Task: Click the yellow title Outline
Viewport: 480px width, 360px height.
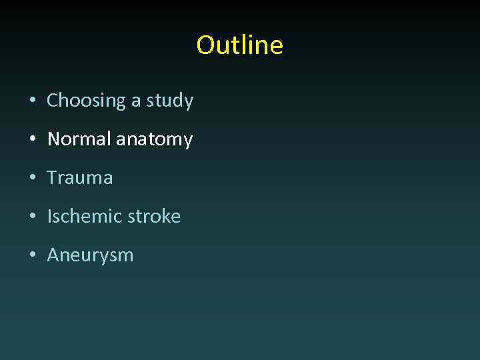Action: (x=239, y=45)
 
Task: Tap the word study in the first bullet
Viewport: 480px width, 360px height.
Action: (x=170, y=101)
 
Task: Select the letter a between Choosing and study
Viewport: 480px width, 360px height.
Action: (x=135, y=101)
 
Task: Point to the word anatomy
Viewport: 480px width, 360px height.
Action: (x=155, y=140)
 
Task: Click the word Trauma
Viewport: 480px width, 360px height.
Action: (x=80, y=178)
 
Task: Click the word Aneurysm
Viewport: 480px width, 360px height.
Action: (x=90, y=255)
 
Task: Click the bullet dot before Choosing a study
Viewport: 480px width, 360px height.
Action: (x=32, y=101)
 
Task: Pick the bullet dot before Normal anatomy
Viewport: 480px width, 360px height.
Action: (x=32, y=140)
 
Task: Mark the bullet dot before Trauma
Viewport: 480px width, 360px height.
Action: (x=32, y=178)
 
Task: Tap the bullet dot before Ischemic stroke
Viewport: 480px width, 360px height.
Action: (x=32, y=217)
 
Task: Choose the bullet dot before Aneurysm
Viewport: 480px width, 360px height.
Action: (x=32, y=255)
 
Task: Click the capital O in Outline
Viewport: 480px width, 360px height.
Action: (x=205, y=45)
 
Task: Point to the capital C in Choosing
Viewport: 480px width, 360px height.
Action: (x=53, y=101)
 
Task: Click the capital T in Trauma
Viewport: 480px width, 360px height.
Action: (x=51, y=178)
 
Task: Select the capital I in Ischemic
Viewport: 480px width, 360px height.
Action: (x=49, y=216)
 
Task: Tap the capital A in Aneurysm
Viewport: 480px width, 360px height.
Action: (x=53, y=255)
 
